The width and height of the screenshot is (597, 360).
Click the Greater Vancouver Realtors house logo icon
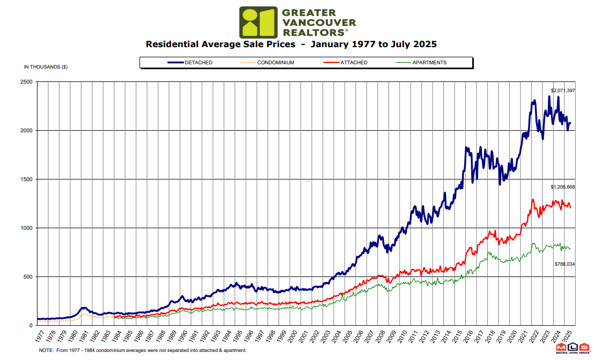tap(258, 22)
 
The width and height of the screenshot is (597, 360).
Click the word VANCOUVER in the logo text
tap(318, 22)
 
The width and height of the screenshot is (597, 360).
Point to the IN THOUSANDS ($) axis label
tap(46, 67)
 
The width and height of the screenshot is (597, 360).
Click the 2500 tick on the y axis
tap(26, 82)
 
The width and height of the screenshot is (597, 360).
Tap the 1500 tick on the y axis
tap(26, 179)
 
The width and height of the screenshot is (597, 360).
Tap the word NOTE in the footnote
tap(47, 350)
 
